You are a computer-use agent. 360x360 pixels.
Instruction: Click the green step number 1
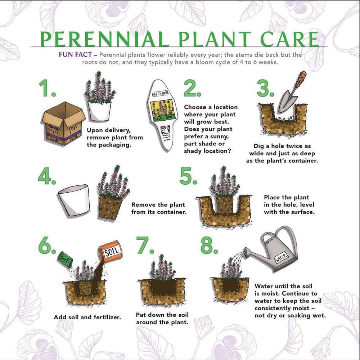(x=47, y=89)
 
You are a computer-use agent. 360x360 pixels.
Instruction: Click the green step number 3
(x=265, y=89)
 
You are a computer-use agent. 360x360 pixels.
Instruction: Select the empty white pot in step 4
(x=74, y=199)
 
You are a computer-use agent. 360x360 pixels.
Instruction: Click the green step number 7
(x=145, y=246)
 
